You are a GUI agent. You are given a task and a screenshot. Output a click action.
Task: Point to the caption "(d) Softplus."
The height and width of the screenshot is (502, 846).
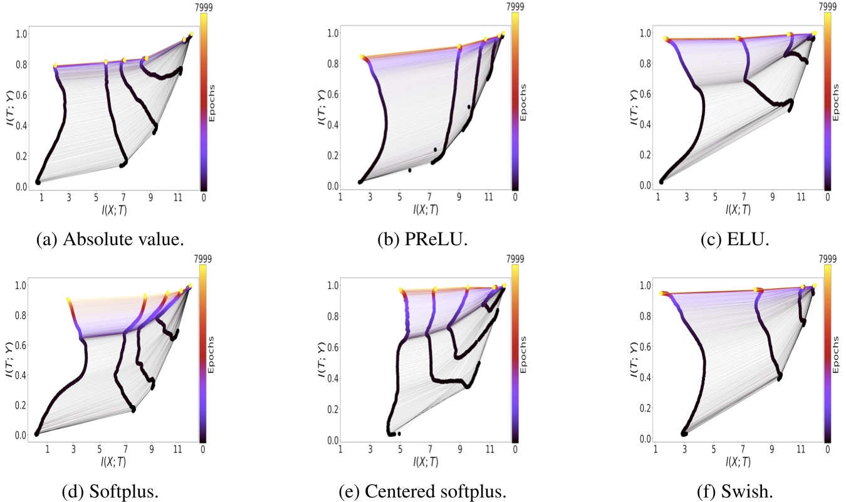pyautogui.click(x=110, y=491)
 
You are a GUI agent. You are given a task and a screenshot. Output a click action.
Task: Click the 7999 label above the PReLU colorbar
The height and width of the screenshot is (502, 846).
pyautogui.click(x=515, y=7)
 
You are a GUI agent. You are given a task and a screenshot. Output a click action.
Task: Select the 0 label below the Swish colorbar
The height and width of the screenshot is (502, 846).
pyautogui.click(x=828, y=449)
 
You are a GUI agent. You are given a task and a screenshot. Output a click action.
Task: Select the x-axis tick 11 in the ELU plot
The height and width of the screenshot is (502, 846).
pyautogui.click(x=800, y=197)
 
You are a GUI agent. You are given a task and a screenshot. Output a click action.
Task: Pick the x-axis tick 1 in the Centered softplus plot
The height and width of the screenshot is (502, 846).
pyautogui.click(x=340, y=449)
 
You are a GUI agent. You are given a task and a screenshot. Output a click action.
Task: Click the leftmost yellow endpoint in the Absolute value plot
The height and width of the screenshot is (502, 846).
pyautogui.click(x=55, y=65)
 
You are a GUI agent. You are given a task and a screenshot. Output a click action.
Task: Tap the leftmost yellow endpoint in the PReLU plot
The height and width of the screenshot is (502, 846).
pyautogui.click(x=362, y=56)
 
